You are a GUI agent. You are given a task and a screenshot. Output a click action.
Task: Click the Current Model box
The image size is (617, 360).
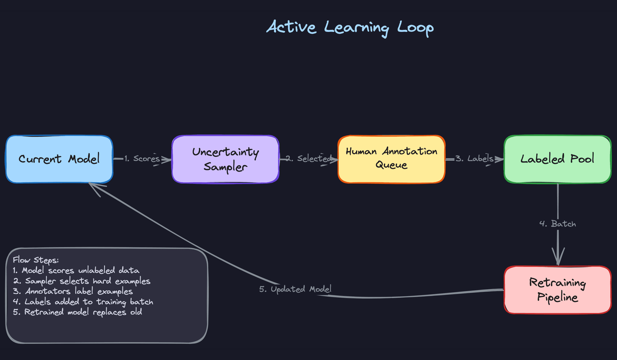59,159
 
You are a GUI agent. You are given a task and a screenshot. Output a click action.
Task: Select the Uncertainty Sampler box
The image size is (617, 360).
225,159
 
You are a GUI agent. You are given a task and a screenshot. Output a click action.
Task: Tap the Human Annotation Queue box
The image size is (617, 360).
391,159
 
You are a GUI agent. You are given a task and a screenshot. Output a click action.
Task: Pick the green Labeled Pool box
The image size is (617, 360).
557,159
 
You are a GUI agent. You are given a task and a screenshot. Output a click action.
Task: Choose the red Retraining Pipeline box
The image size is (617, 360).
557,290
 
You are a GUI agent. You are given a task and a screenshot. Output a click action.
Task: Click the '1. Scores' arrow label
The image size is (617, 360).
142,158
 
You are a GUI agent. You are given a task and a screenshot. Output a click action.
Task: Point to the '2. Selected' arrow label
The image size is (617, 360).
308,158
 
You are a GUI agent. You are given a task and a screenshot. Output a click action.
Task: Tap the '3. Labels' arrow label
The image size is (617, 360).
474,158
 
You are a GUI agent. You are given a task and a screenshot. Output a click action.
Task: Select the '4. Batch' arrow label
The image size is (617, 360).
558,224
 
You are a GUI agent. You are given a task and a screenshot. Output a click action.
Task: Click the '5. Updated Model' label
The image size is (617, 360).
295,289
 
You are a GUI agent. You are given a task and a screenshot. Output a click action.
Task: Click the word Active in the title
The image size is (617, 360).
291,27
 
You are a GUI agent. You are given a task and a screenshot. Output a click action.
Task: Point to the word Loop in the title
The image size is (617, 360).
415,28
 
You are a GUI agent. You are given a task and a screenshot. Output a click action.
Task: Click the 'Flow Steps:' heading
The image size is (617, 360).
36,260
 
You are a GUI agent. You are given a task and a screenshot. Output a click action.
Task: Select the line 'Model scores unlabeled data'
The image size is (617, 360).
76,270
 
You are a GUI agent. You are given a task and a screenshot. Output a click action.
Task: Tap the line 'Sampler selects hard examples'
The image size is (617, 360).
82,281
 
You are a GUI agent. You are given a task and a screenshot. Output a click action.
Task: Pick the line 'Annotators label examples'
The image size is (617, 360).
73,291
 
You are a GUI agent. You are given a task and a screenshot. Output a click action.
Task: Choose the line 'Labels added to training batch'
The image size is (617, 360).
83,302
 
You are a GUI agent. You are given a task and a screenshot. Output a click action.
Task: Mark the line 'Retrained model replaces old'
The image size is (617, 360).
77,312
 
